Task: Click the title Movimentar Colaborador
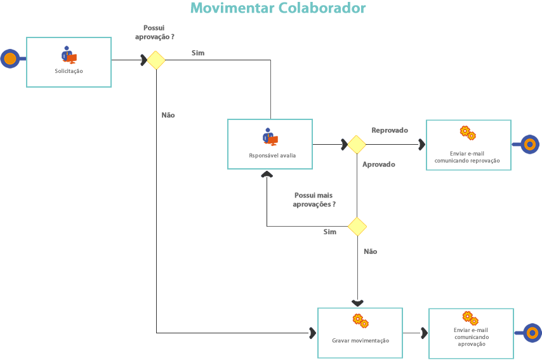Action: (x=278, y=9)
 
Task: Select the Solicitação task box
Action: (x=69, y=62)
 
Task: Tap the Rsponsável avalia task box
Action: (x=270, y=144)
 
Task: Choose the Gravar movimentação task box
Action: (x=360, y=333)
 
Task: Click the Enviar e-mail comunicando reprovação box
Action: (x=468, y=145)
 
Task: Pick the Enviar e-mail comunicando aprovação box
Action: (x=471, y=333)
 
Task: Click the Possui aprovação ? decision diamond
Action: (x=156, y=60)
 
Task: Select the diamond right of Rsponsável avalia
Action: (x=357, y=144)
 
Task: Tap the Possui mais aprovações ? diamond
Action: (x=357, y=226)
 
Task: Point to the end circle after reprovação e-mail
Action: (x=530, y=145)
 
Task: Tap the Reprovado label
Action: (x=390, y=130)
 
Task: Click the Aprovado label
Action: (x=379, y=164)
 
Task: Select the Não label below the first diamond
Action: (x=168, y=116)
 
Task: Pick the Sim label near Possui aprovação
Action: (x=198, y=53)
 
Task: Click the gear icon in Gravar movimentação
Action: (x=360, y=321)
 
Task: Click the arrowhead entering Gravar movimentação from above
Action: (x=357, y=303)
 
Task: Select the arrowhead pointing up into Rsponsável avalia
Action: (x=267, y=173)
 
